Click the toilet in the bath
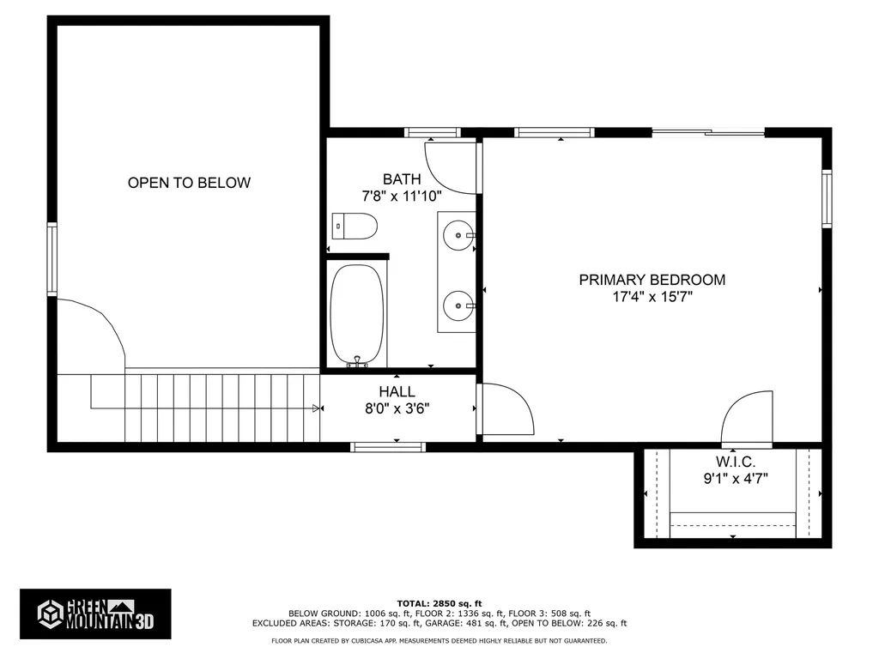click(x=355, y=227)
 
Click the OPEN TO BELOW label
click(x=189, y=183)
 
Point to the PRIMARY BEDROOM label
click(x=652, y=280)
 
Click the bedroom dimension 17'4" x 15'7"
click(x=652, y=297)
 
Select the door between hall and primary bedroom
click(x=506, y=409)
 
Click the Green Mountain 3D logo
click(x=95, y=614)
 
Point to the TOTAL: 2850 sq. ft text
click(x=439, y=603)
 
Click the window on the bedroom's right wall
click(x=827, y=198)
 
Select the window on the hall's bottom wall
click(x=388, y=446)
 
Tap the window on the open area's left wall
click(x=52, y=259)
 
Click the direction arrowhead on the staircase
click(x=316, y=409)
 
